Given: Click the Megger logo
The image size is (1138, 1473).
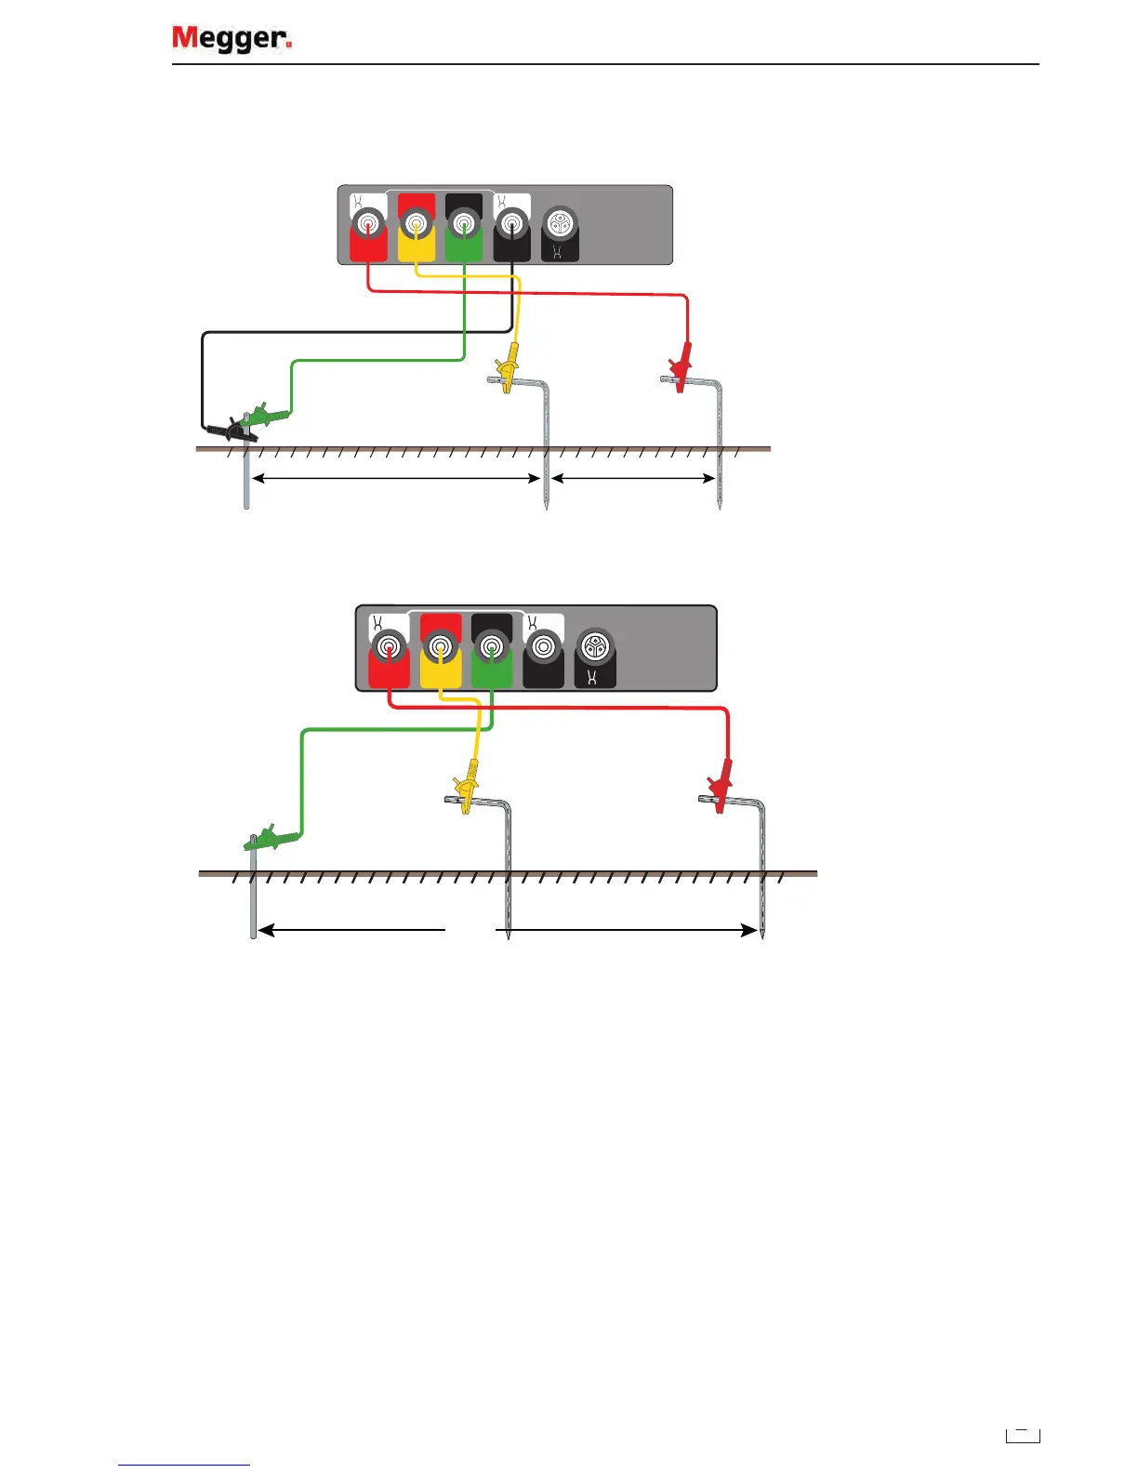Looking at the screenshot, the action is coord(232,38).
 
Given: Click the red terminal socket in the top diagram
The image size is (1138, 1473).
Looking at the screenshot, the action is coord(368,224).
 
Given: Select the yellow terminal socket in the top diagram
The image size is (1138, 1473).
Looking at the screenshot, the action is coord(416,223).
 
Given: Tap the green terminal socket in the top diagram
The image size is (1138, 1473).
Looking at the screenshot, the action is coord(464,223).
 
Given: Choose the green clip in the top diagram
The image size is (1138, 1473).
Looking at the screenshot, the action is coord(265,414).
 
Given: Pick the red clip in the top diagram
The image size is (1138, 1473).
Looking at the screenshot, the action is coord(682,367).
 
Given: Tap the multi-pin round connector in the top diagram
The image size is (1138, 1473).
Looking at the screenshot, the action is coord(560,223).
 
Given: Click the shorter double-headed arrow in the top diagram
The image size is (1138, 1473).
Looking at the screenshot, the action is coord(633,479).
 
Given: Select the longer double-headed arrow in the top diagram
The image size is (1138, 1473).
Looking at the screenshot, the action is coord(397,479).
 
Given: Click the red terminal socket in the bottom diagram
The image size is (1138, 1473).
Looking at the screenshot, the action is coord(388,645).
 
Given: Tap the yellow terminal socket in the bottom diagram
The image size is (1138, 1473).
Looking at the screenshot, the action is coord(441,645).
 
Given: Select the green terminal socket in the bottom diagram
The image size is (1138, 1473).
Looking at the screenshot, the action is coord(492,645).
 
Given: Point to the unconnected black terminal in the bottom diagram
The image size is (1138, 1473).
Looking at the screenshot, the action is coord(543,645).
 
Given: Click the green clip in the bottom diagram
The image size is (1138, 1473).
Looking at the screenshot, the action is coord(272,838).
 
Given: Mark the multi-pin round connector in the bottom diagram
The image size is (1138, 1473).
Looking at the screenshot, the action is coord(594,645).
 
